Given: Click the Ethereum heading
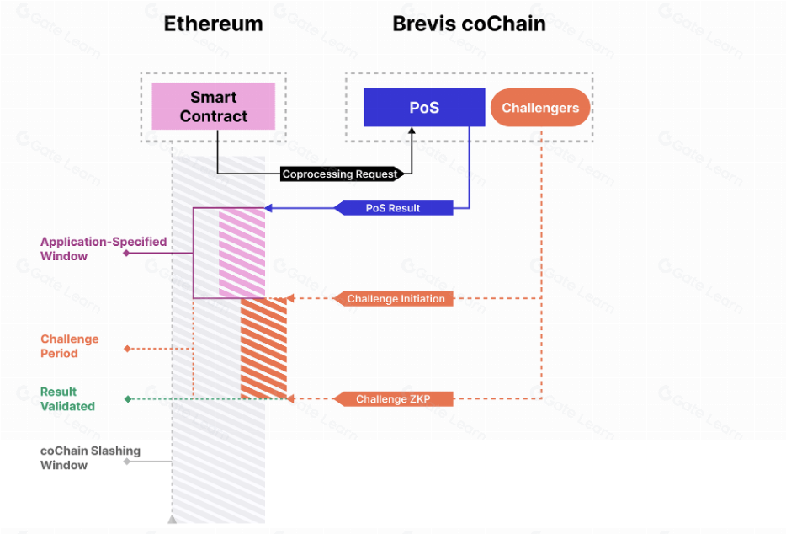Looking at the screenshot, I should [213, 24].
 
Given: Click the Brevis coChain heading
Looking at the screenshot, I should [469, 24].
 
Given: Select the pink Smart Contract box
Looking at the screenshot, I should [213, 106].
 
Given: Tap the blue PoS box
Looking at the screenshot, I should [424, 108].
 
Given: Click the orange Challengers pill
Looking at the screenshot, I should [540, 108].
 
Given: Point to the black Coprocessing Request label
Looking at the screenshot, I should [340, 174].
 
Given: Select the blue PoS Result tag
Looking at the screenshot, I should [393, 208].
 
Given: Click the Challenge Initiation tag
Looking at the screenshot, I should [396, 299].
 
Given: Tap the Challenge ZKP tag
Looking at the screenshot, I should [393, 399].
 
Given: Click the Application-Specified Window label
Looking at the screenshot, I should [103, 248].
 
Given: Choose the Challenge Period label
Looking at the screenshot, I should [70, 346].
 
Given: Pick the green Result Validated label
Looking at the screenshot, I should [67, 398].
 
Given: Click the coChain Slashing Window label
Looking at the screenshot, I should [90, 457].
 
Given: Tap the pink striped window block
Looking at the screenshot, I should [242, 254].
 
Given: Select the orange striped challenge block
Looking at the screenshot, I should [263, 349].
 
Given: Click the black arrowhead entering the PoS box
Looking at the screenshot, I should [412, 131].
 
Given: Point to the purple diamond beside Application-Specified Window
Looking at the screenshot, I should [126, 253].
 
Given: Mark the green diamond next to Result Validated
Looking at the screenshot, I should [127, 399].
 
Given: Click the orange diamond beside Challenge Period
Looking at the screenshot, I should [126, 349].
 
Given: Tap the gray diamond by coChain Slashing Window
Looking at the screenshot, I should [126, 462].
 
